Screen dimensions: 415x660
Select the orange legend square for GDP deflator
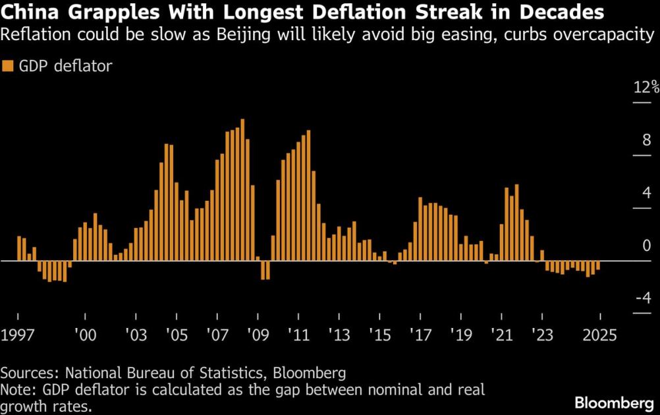pyautogui.click(x=8, y=65)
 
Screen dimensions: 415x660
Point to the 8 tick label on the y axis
pyautogui.click(x=647, y=140)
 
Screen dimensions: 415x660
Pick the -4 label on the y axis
pyautogui.click(x=643, y=298)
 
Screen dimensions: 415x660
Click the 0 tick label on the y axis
pyautogui.click(x=647, y=246)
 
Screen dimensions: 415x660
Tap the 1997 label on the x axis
pyautogui.click(x=17, y=335)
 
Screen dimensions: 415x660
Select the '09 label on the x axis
pyautogui.click(x=258, y=335)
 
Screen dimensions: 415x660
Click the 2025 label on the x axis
pyautogui.click(x=599, y=335)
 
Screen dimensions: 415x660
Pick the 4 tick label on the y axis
pyautogui.click(x=647, y=193)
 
